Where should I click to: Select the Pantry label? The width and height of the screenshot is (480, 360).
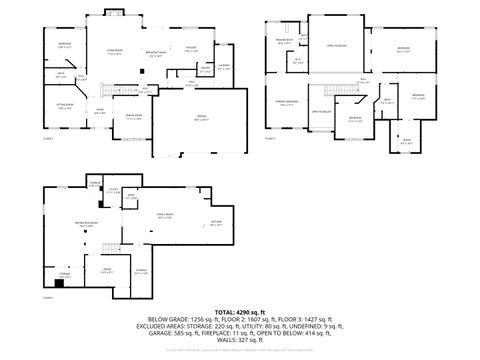(x=205, y=70)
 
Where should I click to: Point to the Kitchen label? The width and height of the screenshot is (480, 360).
(x=191, y=47)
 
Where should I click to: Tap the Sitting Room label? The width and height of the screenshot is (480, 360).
(x=64, y=106)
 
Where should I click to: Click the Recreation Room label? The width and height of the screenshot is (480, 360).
(x=70, y=225)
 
